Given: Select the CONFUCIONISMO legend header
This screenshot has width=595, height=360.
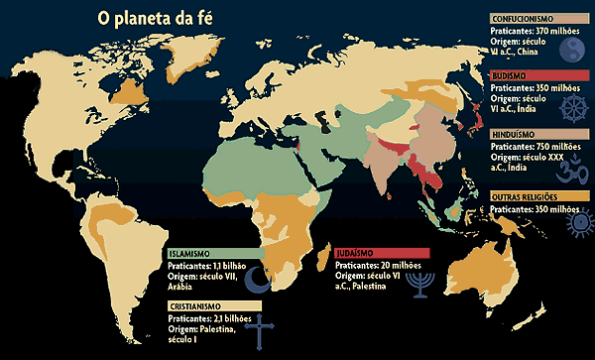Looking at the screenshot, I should click(528, 18).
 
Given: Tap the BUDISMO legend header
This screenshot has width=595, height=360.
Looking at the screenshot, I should click(510, 74).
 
